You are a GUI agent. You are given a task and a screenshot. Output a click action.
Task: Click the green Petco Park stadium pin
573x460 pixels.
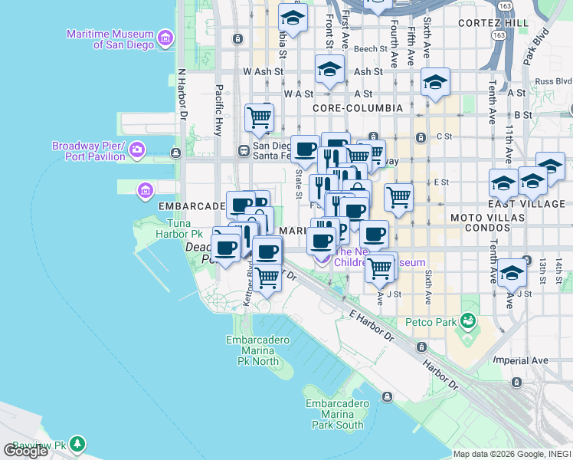pos(467,320)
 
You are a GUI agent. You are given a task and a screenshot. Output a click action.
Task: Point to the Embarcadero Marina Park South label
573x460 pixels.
pos(334,414)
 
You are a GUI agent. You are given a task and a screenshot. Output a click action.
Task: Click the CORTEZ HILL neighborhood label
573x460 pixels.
pos(493,24)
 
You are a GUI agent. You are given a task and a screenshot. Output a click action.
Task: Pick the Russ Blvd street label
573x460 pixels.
pos(553,80)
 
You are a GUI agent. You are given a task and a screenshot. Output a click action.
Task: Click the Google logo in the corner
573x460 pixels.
pos(25,451)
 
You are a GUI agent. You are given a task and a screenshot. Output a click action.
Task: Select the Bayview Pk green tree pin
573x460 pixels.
pos(77,444)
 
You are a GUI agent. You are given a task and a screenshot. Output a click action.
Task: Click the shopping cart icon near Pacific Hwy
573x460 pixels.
pos(259,118)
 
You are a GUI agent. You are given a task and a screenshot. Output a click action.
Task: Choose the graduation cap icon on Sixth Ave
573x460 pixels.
pos(435,83)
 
